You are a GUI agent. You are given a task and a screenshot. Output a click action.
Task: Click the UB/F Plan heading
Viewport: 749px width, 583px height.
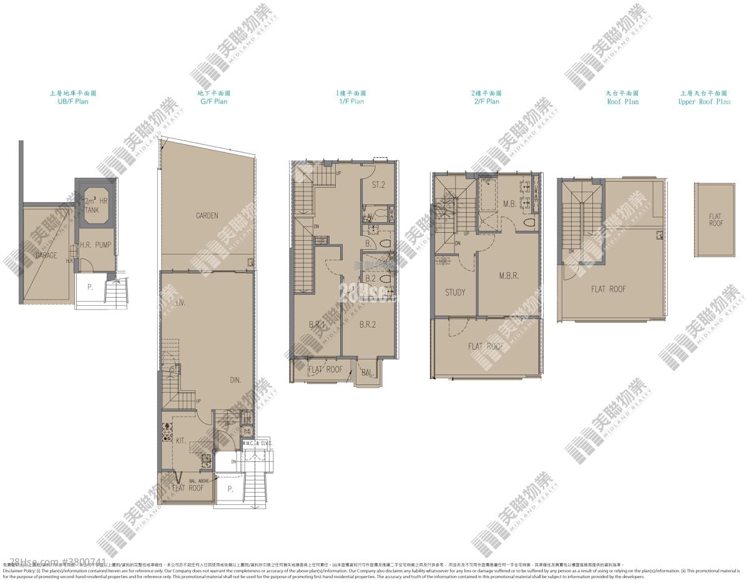tap(73, 101)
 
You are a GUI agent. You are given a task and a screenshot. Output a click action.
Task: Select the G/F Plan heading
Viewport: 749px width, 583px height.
tap(213, 101)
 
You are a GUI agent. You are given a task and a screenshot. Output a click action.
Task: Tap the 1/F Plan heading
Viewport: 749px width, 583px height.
tap(350, 101)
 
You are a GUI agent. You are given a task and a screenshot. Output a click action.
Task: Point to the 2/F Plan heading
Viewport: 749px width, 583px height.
tap(485, 101)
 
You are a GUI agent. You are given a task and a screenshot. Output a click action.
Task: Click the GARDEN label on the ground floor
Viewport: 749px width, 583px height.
tap(207, 216)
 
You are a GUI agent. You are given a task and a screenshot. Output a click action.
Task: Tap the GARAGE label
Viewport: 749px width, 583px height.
tap(46, 255)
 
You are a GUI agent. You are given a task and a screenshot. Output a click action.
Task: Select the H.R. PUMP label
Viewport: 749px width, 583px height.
tap(95, 245)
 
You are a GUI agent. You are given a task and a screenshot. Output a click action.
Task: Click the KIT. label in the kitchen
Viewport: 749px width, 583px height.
tap(180, 440)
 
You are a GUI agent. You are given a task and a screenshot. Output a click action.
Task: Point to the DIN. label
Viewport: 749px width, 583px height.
tap(235, 380)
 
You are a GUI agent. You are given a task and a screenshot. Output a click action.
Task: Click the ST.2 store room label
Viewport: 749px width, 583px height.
tap(378, 185)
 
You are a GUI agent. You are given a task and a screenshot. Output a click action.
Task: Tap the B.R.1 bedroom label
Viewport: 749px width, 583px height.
tap(317, 324)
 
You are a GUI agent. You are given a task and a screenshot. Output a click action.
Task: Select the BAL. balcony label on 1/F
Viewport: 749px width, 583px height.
tap(368, 373)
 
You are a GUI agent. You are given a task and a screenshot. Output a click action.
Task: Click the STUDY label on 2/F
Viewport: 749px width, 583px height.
tap(455, 292)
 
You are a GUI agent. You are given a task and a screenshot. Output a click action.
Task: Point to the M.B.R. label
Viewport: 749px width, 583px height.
tap(509, 275)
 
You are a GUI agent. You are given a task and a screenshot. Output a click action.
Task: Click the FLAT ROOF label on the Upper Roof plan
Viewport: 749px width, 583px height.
tap(715, 220)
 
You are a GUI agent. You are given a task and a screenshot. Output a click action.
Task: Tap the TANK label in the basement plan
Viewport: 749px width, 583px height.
tap(93, 211)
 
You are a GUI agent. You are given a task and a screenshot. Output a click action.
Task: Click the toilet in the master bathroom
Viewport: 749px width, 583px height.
tap(531, 223)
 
